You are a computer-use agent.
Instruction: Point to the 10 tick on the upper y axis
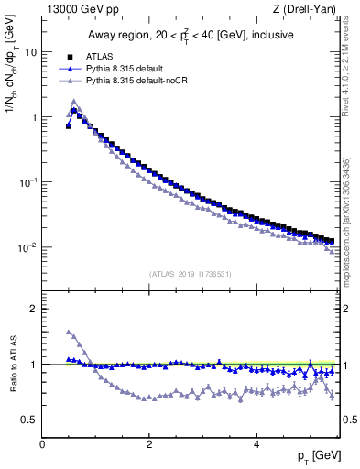tap(30, 52)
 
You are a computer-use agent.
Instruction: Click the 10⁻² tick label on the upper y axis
tap(27, 247)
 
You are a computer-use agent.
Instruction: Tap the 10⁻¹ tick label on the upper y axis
tap(27, 182)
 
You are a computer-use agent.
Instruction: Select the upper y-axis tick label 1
tap(34, 117)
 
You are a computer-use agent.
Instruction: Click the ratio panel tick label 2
tap(34, 309)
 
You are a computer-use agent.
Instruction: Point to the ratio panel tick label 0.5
tap(29, 420)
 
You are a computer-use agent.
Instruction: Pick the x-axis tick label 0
tap(42, 444)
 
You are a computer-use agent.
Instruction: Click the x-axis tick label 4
tap(256, 444)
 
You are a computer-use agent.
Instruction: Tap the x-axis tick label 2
tap(148, 444)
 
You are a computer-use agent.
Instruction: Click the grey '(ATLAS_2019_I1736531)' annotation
tap(190, 273)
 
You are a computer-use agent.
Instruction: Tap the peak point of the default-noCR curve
tap(73, 102)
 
